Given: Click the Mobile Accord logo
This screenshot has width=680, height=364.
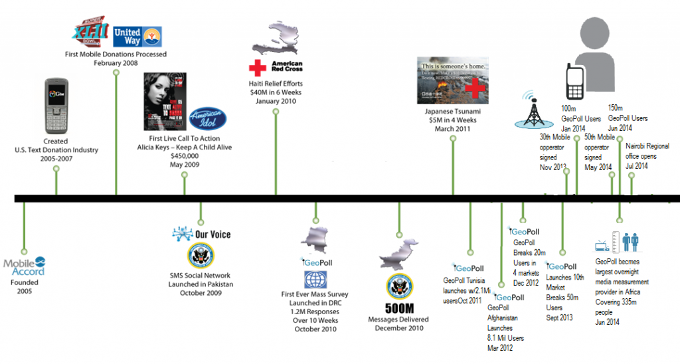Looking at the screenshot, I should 25,266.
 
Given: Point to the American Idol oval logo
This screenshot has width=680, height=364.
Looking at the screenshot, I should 207,120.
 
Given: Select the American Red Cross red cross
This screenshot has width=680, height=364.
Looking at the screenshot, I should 256,68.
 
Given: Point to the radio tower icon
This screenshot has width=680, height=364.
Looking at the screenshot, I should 533,113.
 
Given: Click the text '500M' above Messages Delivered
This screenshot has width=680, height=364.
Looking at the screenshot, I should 399,308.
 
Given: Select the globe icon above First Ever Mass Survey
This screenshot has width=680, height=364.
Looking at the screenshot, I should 312,279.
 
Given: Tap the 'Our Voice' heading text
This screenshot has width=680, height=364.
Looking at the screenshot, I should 212,234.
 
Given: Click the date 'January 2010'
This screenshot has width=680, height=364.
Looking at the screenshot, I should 276,102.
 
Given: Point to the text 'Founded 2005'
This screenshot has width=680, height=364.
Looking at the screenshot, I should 24,286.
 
